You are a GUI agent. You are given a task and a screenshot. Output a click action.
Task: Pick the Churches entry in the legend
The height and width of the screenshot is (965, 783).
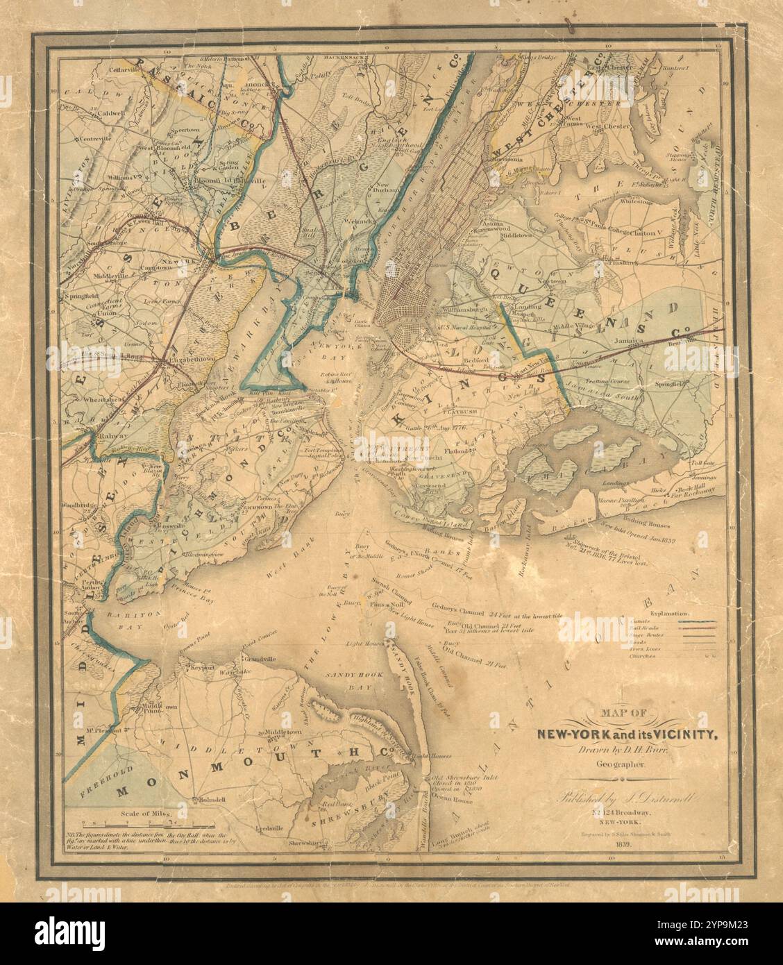point(645,655)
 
